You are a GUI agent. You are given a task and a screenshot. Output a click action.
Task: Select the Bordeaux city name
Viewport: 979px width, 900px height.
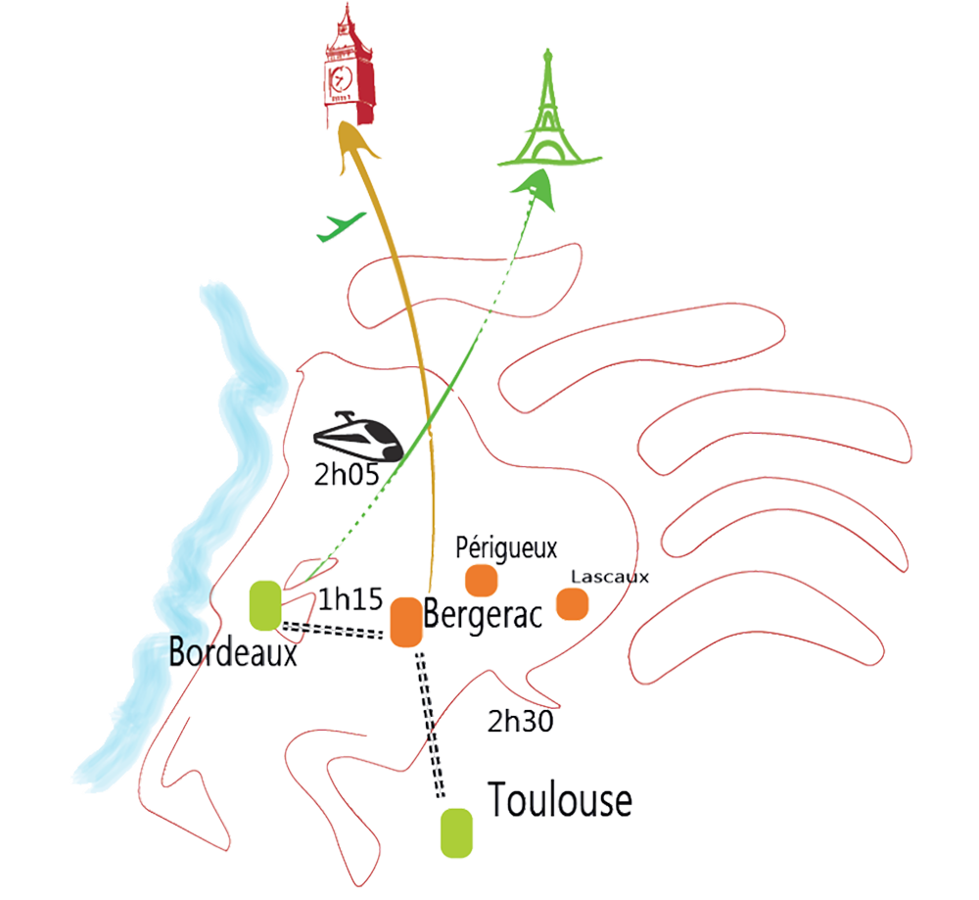click(x=233, y=651)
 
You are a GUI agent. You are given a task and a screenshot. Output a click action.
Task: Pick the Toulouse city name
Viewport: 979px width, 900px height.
click(x=559, y=801)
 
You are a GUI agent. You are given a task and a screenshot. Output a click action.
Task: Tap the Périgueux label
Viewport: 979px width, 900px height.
click(x=507, y=546)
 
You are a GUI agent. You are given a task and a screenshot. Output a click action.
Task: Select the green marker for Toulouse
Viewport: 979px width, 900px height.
click(x=455, y=833)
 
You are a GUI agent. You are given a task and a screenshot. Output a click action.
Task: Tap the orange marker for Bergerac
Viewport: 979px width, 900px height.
click(x=404, y=621)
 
